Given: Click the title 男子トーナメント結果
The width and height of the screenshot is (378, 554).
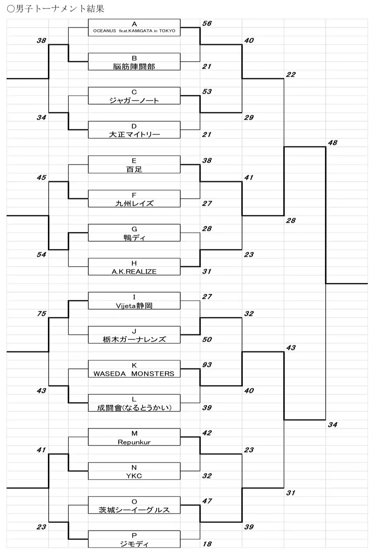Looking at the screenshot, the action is (x=56, y=9).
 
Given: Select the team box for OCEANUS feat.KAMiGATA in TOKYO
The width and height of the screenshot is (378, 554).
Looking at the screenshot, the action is (x=134, y=28).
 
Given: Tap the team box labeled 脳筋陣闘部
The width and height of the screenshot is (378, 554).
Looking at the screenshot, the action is (x=134, y=61).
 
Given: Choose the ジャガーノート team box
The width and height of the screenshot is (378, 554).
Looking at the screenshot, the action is (x=134, y=96).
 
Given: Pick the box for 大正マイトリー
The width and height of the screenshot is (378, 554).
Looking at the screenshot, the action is (x=134, y=130).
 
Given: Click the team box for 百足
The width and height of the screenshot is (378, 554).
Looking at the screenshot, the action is (x=134, y=164).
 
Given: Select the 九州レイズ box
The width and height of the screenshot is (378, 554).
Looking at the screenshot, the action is (x=134, y=198).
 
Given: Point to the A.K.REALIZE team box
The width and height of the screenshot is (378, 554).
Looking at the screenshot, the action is (x=134, y=267).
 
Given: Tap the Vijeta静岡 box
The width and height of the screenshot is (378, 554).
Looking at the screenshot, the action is (x=134, y=301).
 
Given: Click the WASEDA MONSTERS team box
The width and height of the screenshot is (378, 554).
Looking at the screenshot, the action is (x=134, y=369).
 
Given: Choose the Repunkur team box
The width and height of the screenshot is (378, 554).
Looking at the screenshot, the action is (x=134, y=437).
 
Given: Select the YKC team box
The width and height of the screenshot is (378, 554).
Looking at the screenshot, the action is (x=134, y=471).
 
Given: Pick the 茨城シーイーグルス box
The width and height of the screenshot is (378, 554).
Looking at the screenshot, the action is (x=134, y=505).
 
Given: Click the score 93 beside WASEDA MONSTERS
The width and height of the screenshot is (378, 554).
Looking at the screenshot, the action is (x=207, y=365).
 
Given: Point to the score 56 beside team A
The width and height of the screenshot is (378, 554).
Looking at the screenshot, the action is (x=207, y=24).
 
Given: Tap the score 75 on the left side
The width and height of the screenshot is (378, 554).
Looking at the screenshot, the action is (x=41, y=314).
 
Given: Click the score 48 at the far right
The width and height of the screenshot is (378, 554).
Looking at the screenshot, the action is (x=333, y=143).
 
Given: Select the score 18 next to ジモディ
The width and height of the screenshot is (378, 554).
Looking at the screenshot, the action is (x=207, y=544).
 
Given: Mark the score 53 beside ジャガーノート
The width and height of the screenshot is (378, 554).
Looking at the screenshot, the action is (x=207, y=92).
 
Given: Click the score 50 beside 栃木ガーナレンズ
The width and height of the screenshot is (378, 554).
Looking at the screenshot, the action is (x=207, y=339).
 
